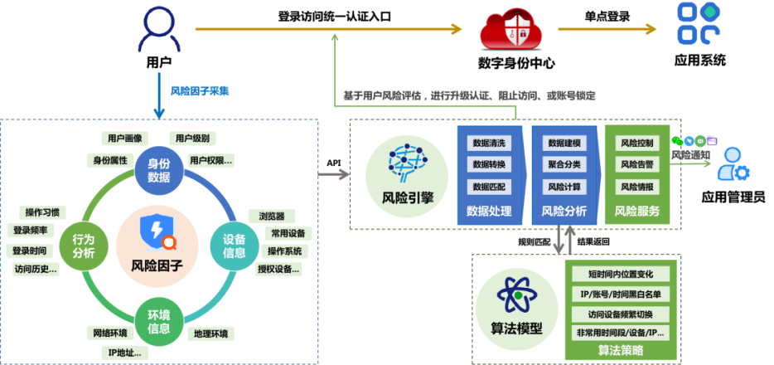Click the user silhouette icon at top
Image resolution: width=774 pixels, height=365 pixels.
pos(159,31)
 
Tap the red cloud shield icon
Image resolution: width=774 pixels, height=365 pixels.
pos(511,30)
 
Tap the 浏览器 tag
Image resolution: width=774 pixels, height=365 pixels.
pos(272,217)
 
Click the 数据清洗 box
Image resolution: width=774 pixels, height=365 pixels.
pos(489,143)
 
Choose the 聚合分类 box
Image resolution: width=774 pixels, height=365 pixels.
pos(564,164)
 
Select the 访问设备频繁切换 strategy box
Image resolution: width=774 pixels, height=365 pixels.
pos(621,314)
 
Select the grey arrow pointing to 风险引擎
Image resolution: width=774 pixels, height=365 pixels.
pos(333,175)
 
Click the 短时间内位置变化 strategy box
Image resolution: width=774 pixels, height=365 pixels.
pos(621,275)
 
